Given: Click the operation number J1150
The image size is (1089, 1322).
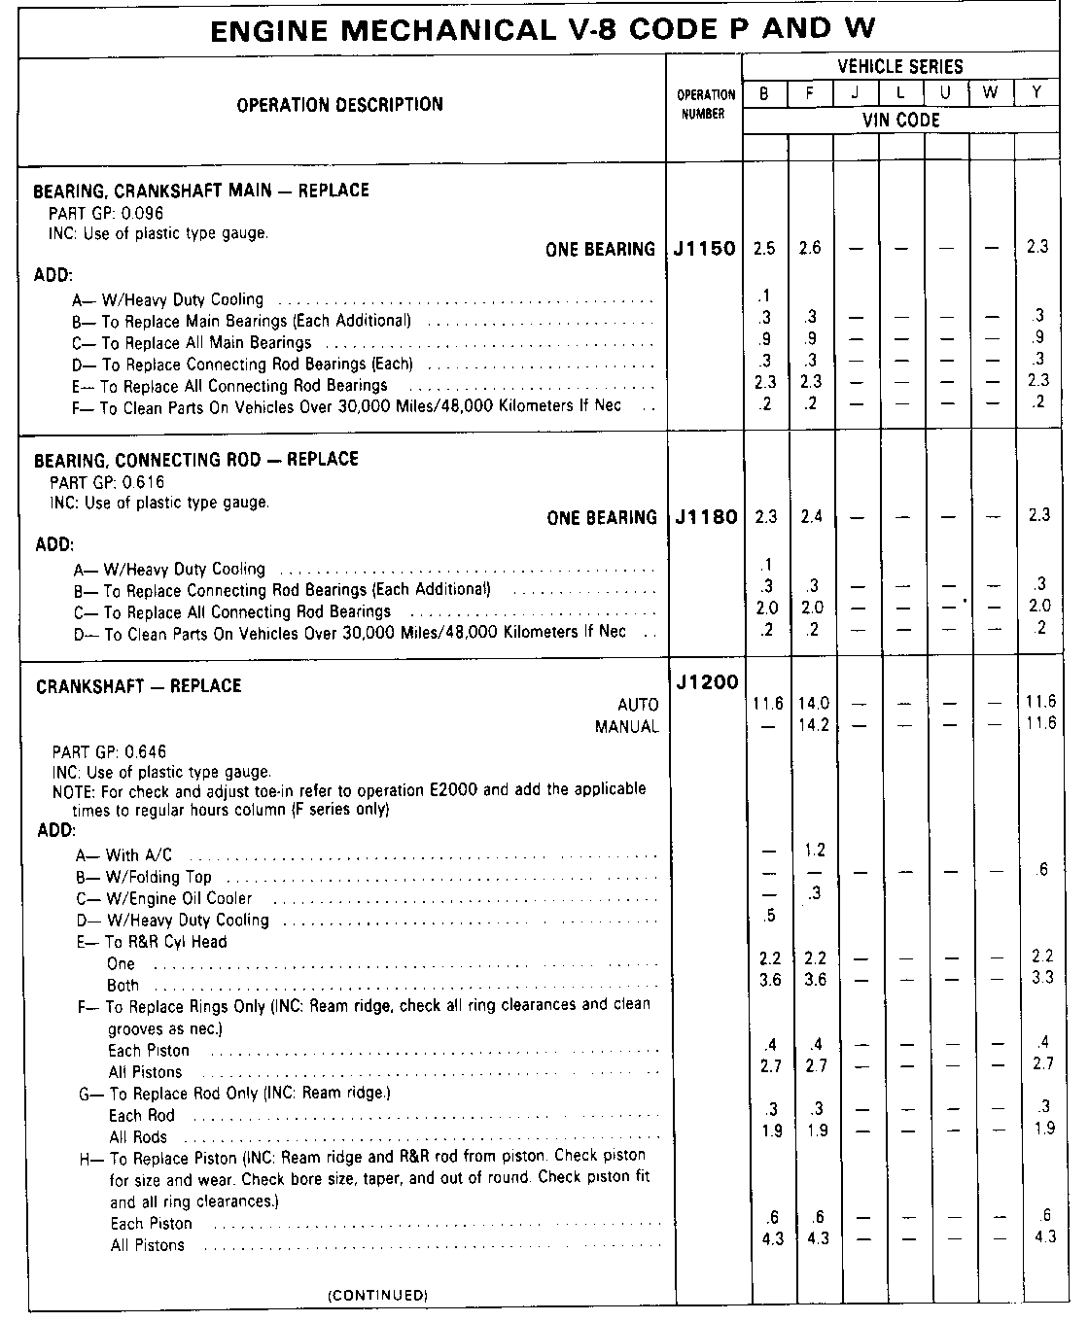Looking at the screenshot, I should click(705, 249).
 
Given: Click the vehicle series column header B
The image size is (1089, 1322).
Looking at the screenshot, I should click(765, 94).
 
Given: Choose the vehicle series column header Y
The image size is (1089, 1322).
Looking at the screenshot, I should click(1037, 94).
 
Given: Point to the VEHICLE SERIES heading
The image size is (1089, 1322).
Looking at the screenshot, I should click(900, 67).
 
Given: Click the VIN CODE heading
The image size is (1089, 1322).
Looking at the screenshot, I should click(901, 121).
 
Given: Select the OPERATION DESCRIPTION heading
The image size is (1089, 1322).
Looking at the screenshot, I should click(339, 105).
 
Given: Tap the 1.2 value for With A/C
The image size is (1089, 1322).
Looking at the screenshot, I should click(815, 851).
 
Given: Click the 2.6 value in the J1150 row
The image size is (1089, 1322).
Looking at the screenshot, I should click(810, 248).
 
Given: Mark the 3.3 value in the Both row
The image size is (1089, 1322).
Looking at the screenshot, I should click(1042, 977).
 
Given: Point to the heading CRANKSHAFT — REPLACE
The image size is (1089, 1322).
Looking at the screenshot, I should click(138, 686).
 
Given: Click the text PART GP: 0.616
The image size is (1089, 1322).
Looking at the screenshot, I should click(107, 481).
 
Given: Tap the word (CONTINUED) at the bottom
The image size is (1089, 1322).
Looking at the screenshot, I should click(377, 1296).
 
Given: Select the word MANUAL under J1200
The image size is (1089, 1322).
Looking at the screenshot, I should click(627, 726).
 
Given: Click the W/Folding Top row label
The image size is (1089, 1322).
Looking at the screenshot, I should click(158, 877).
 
